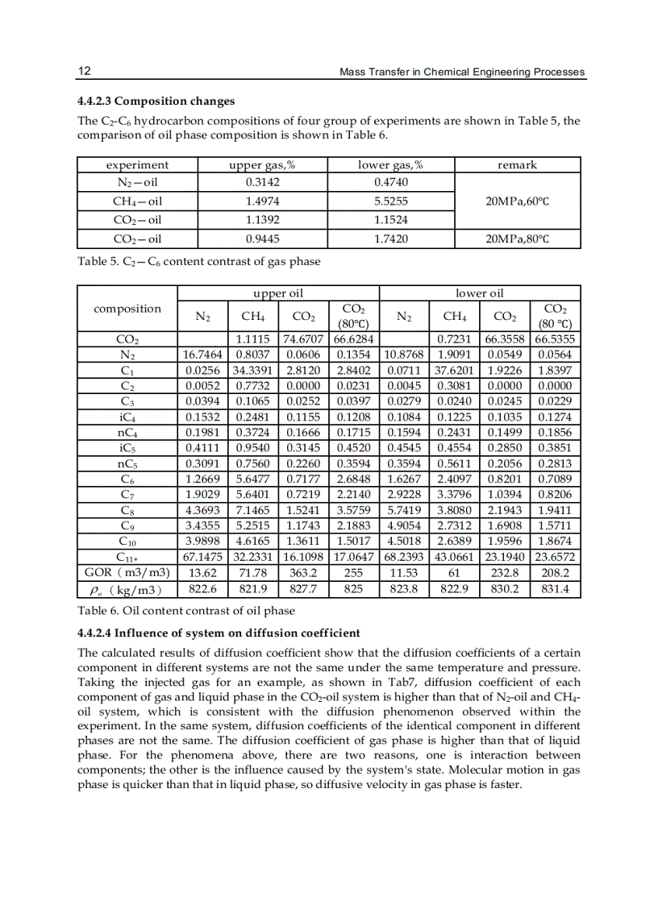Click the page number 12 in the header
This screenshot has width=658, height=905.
(x=84, y=71)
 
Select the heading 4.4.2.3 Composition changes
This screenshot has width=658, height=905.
(x=156, y=102)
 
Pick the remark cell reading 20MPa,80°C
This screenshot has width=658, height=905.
(x=517, y=239)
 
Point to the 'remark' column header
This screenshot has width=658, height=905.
(x=517, y=164)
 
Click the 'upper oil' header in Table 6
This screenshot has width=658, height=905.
(x=277, y=293)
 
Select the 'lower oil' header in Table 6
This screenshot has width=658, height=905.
(x=479, y=293)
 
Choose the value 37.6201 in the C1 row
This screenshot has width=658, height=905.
(x=454, y=371)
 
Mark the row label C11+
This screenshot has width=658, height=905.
(x=127, y=556)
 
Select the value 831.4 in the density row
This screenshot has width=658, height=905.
(x=555, y=588)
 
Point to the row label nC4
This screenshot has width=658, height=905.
(x=127, y=434)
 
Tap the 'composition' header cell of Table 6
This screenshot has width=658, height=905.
(x=127, y=309)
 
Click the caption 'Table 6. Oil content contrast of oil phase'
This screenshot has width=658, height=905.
(x=186, y=611)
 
